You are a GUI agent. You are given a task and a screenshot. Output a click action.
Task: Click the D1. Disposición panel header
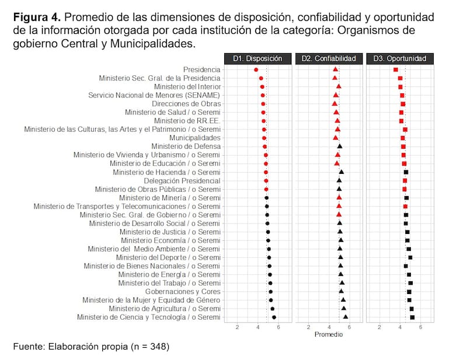pyautogui.click(x=257, y=58)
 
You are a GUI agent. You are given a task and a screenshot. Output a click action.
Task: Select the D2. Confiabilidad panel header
pyautogui.click(x=328, y=58)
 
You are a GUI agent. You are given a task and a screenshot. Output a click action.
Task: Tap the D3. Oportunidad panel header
pyautogui.click(x=399, y=58)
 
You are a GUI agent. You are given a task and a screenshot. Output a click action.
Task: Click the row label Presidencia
pyautogui.click(x=201, y=69)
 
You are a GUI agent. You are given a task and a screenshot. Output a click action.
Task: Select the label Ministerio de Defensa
pyautogui.click(x=186, y=146)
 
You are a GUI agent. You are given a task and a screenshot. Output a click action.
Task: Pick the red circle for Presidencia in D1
pyautogui.click(x=256, y=70)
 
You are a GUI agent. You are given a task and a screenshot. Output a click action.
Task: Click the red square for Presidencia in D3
pyautogui.click(x=396, y=70)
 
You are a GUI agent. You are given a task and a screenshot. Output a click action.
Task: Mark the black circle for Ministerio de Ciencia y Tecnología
pyautogui.click(x=274, y=317)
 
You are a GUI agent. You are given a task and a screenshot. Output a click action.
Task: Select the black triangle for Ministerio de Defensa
pyautogui.click(x=340, y=146)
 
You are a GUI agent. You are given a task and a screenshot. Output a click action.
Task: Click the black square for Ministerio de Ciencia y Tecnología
pyautogui.click(x=412, y=317)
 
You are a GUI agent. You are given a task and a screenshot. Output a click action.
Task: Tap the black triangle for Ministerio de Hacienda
pyautogui.click(x=341, y=172)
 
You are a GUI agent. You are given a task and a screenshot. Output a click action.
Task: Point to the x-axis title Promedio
pyautogui.click(x=328, y=334)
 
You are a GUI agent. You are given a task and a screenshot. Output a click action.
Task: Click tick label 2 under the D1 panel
pyautogui.click(x=237, y=327)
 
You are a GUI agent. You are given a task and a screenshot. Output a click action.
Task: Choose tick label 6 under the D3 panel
pyautogui.click(x=420, y=327)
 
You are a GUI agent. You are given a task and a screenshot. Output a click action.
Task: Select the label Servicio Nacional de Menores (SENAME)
pyautogui.click(x=154, y=95)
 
